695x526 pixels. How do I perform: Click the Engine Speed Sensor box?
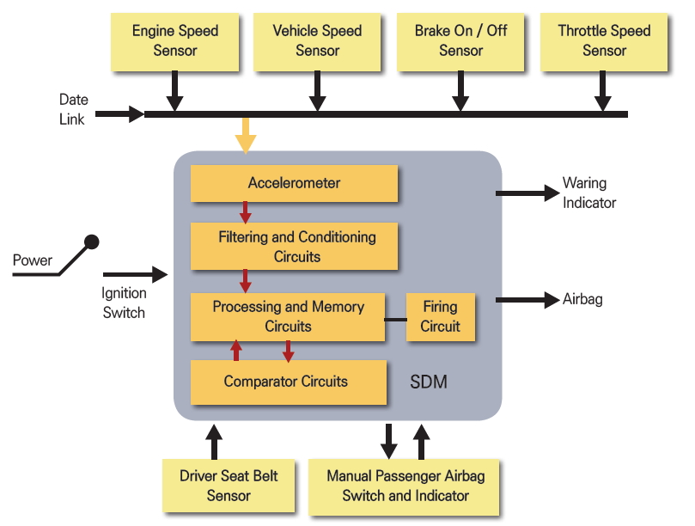point(174,40)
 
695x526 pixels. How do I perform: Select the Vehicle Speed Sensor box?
point(317,40)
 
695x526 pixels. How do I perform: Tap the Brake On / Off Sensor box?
point(460,40)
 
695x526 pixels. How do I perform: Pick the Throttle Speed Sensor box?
point(604,40)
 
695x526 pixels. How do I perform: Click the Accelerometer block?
point(294,183)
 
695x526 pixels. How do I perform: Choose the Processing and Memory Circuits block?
point(288,316)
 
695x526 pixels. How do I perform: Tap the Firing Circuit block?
point(440,316)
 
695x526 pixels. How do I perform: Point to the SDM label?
point(428,382)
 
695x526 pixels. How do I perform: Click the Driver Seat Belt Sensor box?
point(229,486)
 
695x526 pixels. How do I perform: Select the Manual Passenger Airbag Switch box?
point(405,486)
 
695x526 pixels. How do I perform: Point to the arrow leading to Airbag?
point(527,300)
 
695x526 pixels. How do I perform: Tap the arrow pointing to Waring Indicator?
point(527,193)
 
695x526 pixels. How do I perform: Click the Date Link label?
point(73,110)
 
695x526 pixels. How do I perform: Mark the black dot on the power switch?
point(91,242)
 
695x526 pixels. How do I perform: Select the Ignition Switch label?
point(123,303)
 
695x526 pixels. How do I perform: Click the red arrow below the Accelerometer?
point(245,211)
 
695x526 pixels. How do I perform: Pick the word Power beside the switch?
point(33,260)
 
